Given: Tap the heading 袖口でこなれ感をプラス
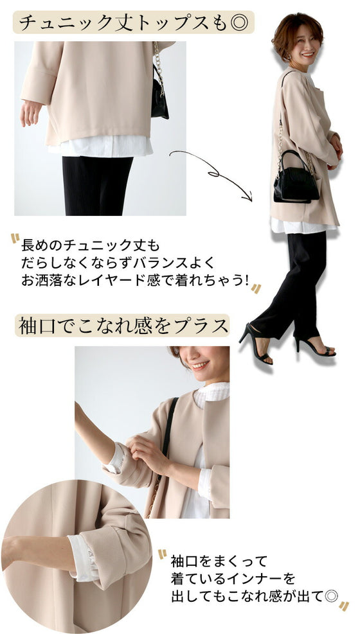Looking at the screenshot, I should [x=122, y=326].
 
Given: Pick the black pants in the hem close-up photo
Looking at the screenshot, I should [x=96, y=186].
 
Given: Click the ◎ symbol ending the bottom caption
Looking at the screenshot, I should [x=332, y=596].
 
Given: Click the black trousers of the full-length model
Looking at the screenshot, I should [x=296, y=276].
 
